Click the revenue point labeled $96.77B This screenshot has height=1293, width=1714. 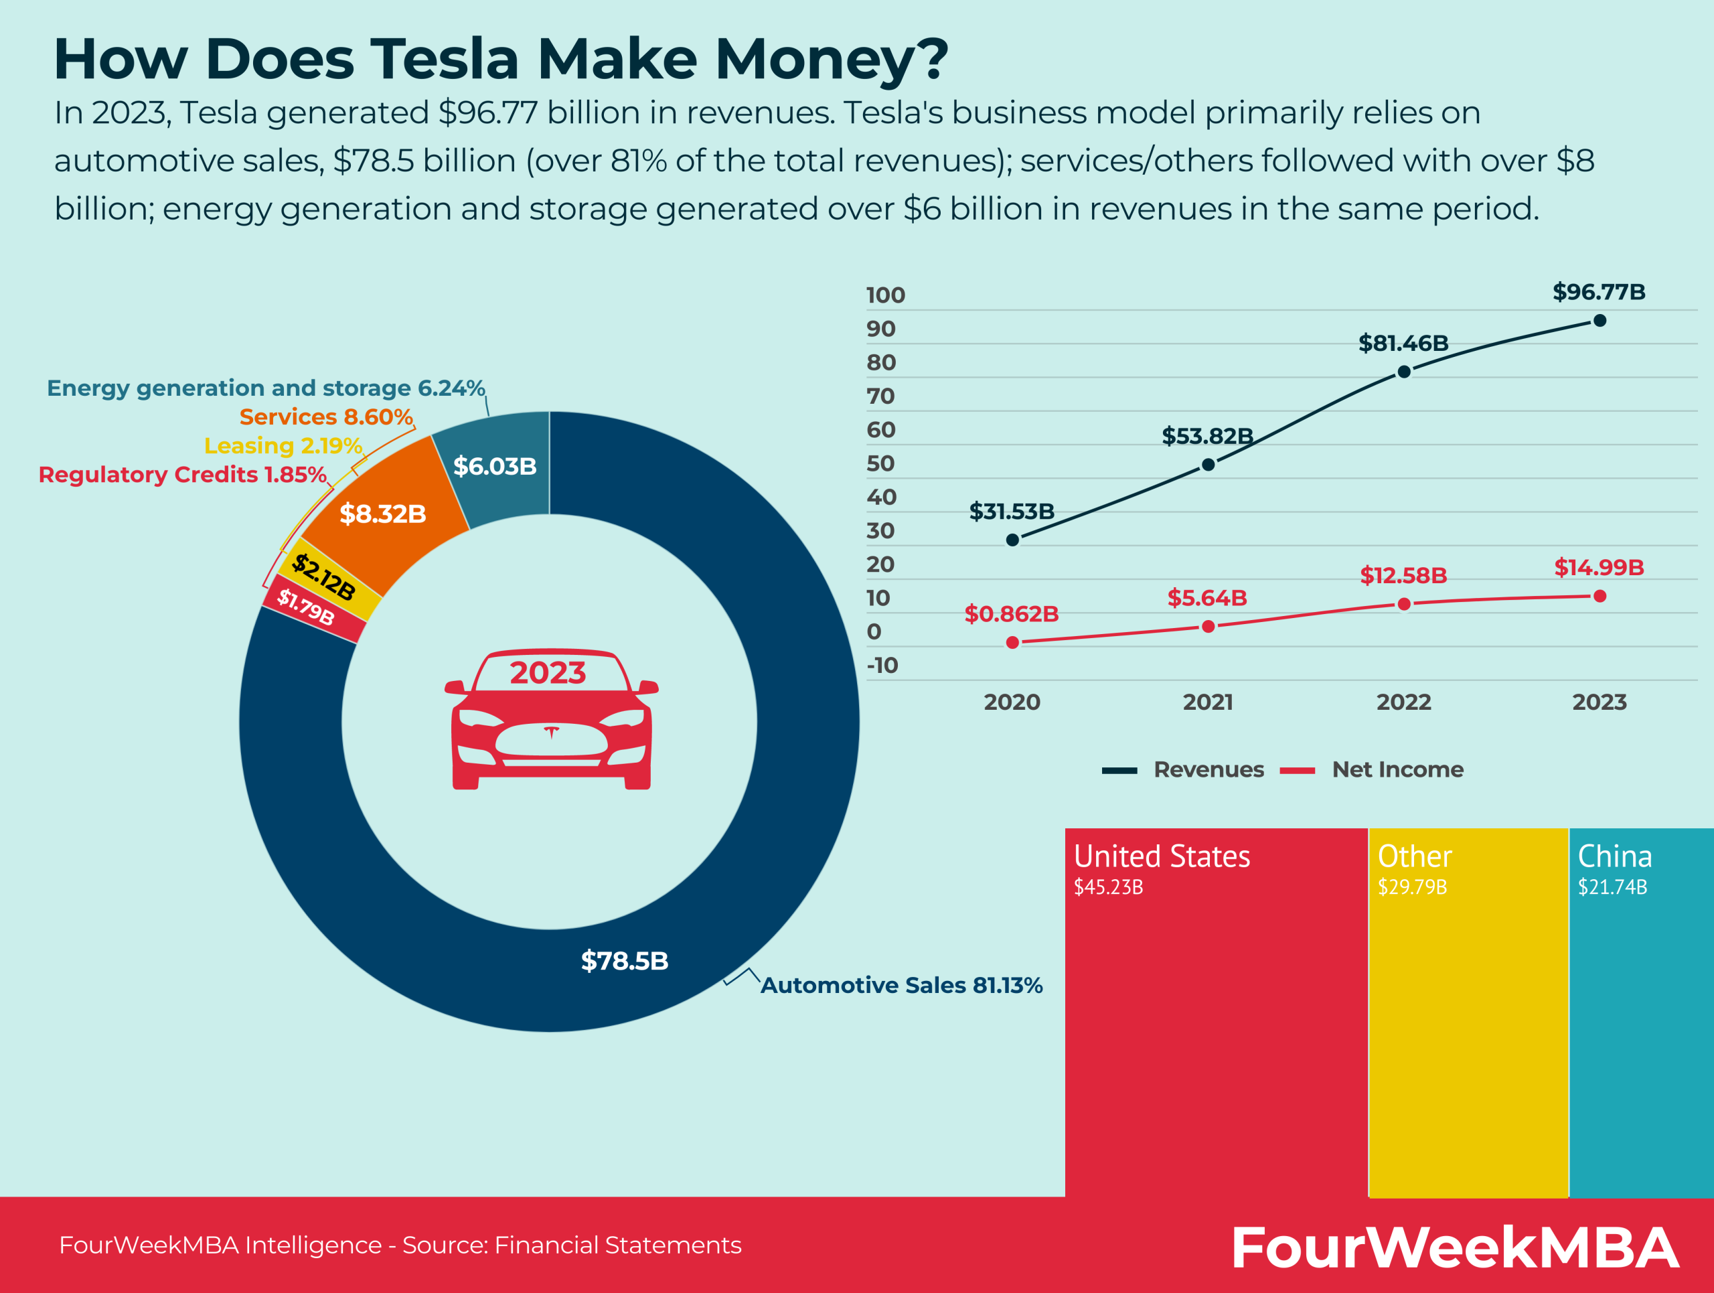(x=1600, y=321)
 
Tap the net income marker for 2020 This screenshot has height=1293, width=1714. (x=1012, y=642)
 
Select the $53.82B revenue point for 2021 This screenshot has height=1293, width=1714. (x=1208, y=465)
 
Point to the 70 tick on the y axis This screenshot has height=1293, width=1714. (x=881, y=396)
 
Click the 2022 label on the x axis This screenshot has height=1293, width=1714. (x=1403, y=702)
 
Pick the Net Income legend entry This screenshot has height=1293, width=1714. (x=1397, y=769)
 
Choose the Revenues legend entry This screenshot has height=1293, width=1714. (x=1208, y=769)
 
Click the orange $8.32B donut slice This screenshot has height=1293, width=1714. (x=383, y=514)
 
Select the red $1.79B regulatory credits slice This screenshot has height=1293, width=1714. (x=307, y=608)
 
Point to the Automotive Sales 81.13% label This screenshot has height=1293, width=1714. (x=901, y=986)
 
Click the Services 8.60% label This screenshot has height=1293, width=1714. (x=326, y=416)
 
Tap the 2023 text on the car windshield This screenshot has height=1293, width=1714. (x=548, y=672)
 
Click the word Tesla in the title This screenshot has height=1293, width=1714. (x=444, y=59)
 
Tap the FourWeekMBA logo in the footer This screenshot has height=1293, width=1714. (x=1454, y=1247)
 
